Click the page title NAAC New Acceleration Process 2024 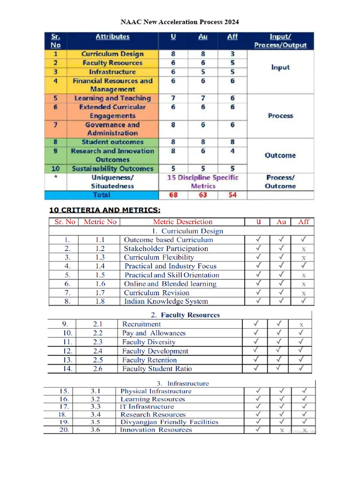click(180, 22)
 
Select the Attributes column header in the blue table click(112, 37)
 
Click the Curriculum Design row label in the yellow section click(112, 54)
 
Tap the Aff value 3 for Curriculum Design click(232, 54)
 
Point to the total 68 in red click(173, 195)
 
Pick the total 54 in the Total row click(232, 195)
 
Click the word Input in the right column click(280, 67)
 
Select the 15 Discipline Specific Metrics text click(203, 182)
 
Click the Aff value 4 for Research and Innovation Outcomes click(232, 151)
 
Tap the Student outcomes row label click(112, 142)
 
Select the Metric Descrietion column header click(182, 222)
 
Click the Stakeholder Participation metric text click(166, 248)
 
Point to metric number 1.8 click(100, 301)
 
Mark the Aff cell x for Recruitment click(301, 324)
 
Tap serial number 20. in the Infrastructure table click(64, 430)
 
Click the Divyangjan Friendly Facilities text click(169, 422)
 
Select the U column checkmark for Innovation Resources click(258, 429)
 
